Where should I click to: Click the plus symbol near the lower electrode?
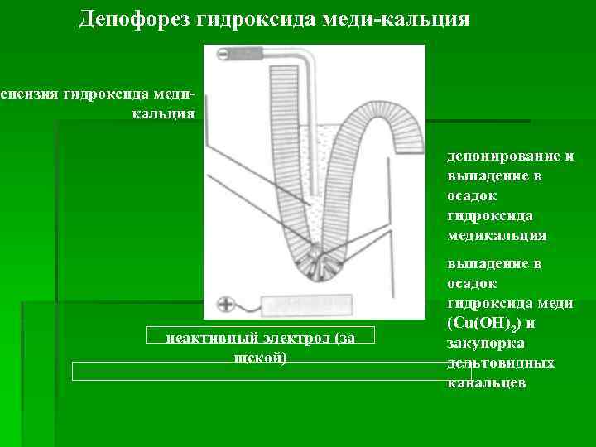[224, 304]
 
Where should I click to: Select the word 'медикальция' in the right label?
[497, 235]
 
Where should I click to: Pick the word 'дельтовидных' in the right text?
[501, 363]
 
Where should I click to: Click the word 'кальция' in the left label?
[163, 113]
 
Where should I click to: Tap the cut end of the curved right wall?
[411, 141]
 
